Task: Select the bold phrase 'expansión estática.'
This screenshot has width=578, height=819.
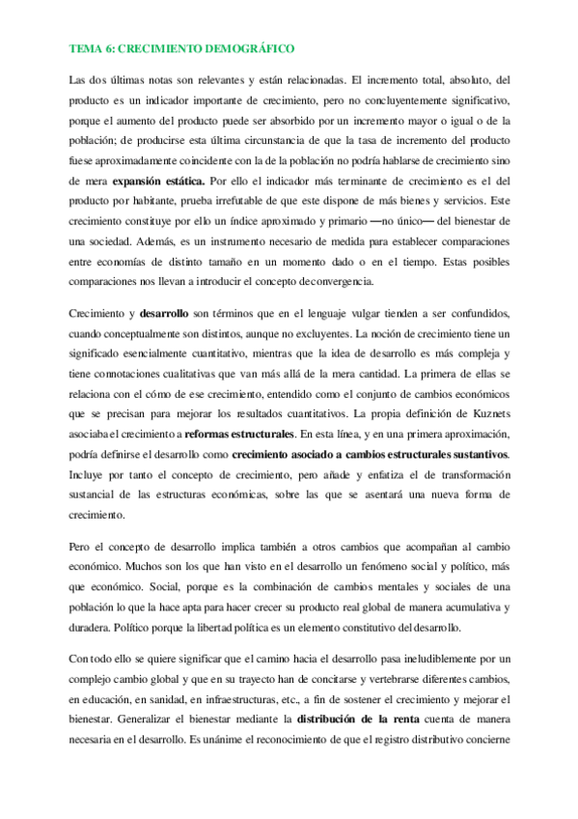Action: (x=158, y=181)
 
